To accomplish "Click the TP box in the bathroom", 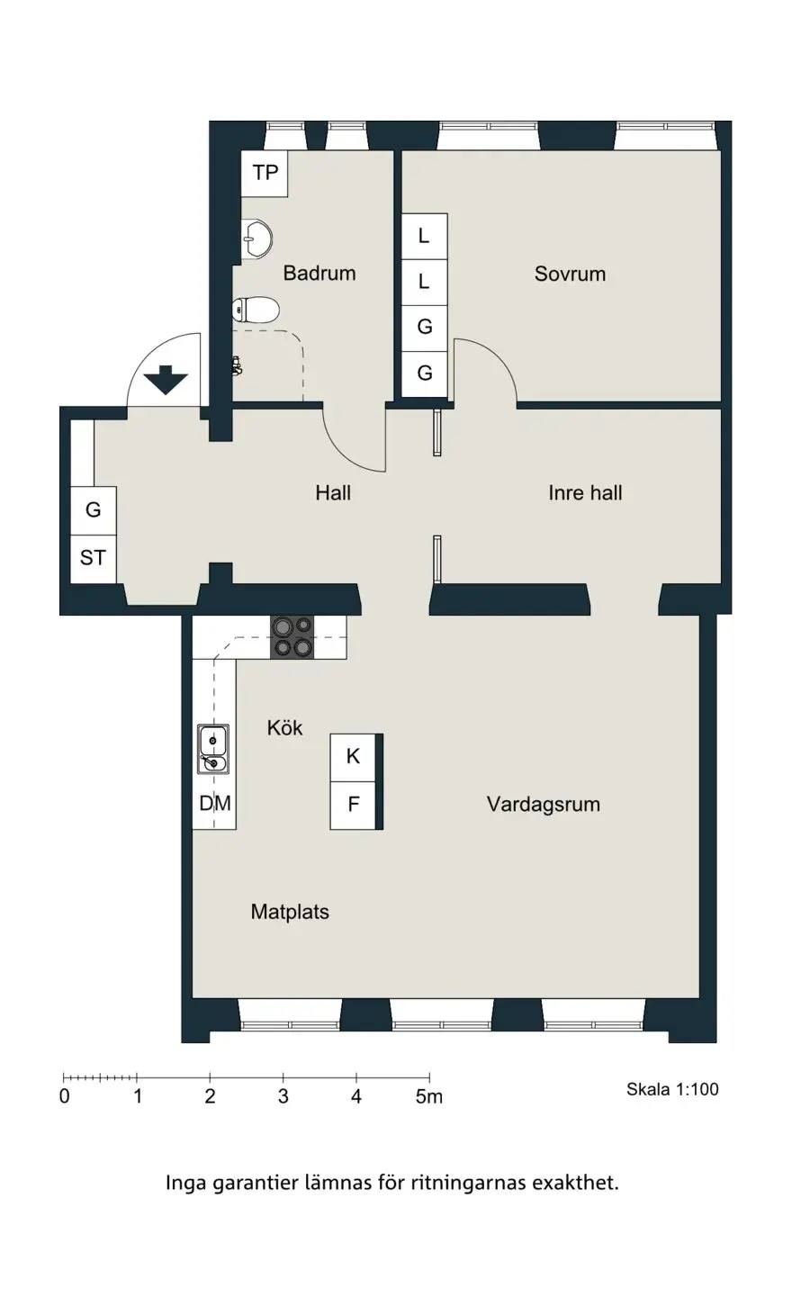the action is coord(265,173).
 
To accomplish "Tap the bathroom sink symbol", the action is coord(257,239).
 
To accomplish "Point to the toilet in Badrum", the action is coord(256,310).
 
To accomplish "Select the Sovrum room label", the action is coord(570,274).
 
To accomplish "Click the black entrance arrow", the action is coord(166,380).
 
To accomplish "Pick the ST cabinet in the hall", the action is coord(94,558).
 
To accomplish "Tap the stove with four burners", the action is coord(292,637).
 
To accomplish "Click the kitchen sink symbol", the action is coord(212,749).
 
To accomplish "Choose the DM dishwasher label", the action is coord(215,803).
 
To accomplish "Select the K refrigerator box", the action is coord(352,757).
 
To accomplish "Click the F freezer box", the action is coord(352,805).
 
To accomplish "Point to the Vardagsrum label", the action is coord(543,805).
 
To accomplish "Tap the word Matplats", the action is coord(290,912).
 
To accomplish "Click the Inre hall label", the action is coord(585,492).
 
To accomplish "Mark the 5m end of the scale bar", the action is coord(430,1077).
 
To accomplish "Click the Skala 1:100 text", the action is coord(672,1089).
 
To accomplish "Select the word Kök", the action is coord(284,728).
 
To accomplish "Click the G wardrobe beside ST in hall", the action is coord(94,510).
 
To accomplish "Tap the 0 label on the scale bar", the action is coord(65,1096).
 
